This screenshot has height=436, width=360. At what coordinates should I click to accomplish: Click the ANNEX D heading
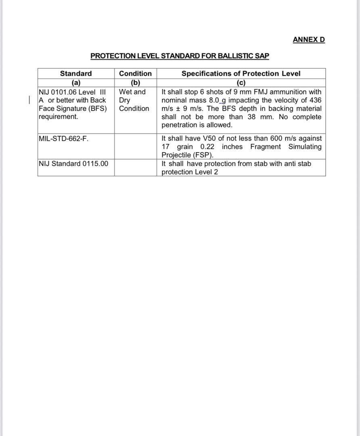(309, 40)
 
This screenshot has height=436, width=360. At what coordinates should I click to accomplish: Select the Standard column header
(76, 73)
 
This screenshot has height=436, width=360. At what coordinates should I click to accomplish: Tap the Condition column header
(135, 73)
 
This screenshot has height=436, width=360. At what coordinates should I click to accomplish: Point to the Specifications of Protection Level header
(241, 73)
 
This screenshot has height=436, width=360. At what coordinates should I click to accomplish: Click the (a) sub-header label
(76, 83)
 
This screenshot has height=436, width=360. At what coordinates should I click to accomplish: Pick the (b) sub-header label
(135, 83)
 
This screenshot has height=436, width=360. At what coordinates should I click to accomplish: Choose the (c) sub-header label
(241, 83)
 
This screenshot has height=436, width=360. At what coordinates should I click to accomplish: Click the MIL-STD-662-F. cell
(64, 138)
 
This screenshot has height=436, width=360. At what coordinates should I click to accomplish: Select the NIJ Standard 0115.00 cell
(73, 163)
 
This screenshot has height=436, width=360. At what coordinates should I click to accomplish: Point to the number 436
(315, 100)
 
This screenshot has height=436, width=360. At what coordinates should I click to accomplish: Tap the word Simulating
(305, 147)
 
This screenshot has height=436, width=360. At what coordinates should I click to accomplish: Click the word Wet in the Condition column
(126, 92)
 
